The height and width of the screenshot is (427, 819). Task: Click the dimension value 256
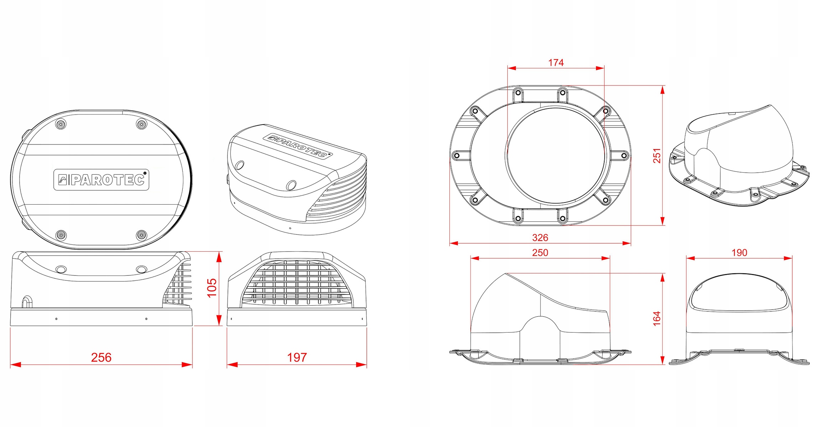pos(101,357)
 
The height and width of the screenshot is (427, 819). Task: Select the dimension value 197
pos(297,357)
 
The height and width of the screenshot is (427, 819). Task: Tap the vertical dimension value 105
pos(212,288)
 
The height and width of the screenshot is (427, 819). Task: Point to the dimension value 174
pos(556,63)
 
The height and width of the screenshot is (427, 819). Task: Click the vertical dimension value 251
pos(657,155)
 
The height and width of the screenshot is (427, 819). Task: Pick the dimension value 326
pos(540,237)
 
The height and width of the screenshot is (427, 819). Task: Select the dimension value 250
pos(540,253)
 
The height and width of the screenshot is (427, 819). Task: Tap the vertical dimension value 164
pos(657,318)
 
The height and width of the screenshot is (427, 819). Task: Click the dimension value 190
pos(739,253)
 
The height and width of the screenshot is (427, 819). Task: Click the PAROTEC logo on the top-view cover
pos(101,180)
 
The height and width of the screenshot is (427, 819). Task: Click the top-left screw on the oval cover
pos(61,124)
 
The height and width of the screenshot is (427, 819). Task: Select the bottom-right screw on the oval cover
pos(142,235)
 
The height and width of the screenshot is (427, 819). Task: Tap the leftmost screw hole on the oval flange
pos(457,155)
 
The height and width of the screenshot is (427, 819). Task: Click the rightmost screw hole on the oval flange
pos(624,155)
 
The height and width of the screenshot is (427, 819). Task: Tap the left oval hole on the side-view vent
pos(61,269)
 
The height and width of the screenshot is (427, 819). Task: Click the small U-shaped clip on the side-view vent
pos(27,301)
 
